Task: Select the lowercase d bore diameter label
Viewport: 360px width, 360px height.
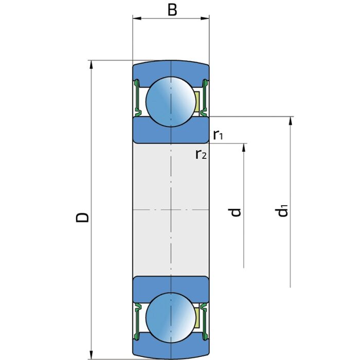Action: pyautogui.click(x=236, y=211)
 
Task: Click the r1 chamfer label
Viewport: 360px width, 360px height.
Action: pyautogui.click(x=218, y=135)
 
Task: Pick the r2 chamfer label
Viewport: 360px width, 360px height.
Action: pyautogui.click(x=201, y=154)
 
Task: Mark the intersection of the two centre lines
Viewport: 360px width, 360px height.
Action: pyautogui.click(x=171, y=210)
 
